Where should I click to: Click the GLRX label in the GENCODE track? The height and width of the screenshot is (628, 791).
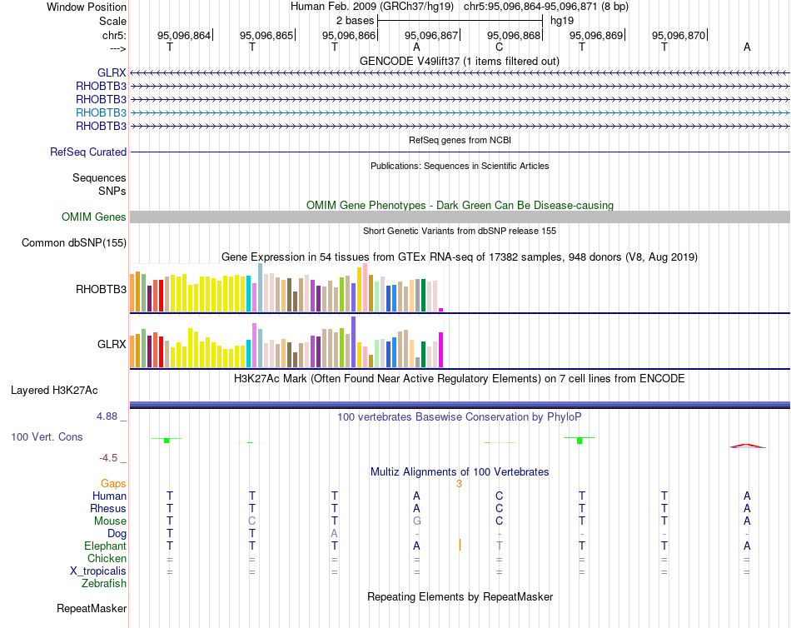point(112,72)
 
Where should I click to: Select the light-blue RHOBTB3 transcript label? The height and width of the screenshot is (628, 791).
point(101,112)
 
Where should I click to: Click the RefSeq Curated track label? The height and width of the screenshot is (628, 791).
point(88,152)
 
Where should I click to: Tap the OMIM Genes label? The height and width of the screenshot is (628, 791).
point(94,217)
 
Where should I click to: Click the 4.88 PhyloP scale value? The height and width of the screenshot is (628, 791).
point(112,416)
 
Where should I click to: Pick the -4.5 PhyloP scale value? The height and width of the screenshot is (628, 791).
point(113,458)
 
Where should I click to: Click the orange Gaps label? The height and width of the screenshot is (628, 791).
point(113,483)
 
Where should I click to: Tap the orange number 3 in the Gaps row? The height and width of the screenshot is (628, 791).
point(459,483)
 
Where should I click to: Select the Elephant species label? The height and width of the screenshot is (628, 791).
point(105,546)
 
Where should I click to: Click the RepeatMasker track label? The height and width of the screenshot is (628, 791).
point(92,609)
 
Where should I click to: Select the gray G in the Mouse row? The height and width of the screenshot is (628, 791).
point(416,521)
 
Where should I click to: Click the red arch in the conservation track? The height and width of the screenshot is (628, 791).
point(747,446)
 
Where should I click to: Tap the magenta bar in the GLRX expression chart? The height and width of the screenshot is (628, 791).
point(440,350)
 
